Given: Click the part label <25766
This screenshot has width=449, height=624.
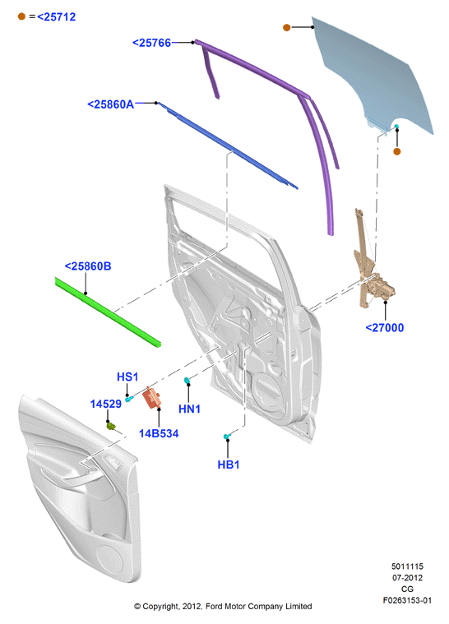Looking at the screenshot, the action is [151, 43].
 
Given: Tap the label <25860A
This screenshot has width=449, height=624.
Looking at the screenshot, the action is [111, 104].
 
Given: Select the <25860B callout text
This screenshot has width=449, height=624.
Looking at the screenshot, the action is [88, 266].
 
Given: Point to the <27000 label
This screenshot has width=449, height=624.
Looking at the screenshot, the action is [385, 328].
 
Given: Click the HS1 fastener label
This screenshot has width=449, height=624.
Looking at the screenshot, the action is [127, 377].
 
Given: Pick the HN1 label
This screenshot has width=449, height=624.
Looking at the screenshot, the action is [189, 409].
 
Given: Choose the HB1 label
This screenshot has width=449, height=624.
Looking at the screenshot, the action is [229, 465].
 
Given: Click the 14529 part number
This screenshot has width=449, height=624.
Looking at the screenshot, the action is [105, 404].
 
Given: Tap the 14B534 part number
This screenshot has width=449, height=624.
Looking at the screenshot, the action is [159, 433].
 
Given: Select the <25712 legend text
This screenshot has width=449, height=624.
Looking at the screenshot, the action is [57, 16].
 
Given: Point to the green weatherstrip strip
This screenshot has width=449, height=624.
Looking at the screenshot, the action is [107, 312].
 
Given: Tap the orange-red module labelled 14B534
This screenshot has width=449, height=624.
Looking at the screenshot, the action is [152, 398].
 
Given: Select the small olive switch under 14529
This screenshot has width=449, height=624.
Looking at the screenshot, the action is [111, 426].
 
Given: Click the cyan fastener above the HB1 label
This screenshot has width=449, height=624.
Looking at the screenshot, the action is [227, 437].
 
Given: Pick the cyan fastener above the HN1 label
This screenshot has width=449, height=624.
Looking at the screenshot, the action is [187, 381].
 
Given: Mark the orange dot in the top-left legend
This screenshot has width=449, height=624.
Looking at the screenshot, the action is [21, 16].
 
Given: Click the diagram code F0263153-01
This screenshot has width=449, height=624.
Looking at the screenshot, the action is [407, 600].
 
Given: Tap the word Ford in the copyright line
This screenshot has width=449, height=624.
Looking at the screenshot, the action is [214, 606].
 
